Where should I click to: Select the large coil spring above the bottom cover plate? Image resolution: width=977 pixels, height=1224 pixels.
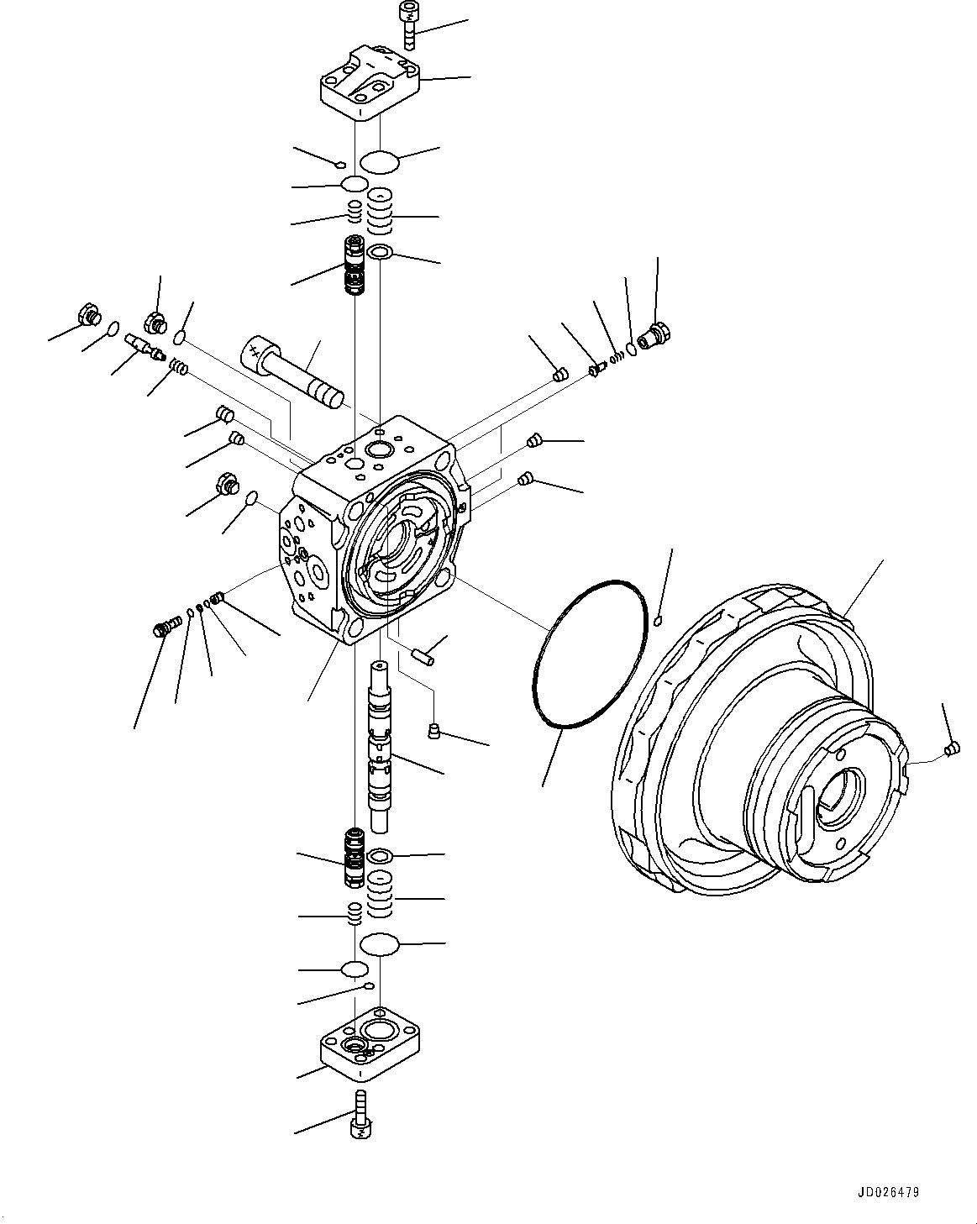point(380,897)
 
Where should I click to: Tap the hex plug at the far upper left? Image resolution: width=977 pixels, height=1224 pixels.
point(87,315)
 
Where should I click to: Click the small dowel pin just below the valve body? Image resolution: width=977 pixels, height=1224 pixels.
point(421,656)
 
